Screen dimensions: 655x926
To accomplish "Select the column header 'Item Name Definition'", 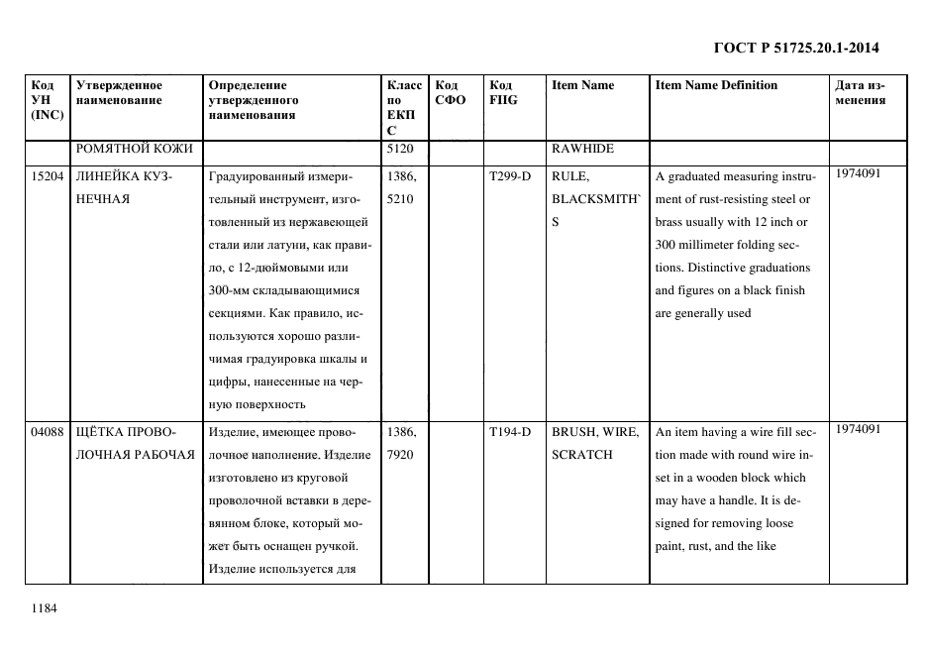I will (716, 85).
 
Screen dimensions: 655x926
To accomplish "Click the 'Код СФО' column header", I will (451, 92).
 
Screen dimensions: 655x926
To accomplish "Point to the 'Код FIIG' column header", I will (502, 92).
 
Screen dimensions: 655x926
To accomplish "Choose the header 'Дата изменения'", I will (860, 92).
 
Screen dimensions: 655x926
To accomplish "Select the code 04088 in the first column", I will (47, 432).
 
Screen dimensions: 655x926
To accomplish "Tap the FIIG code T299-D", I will (509, 176).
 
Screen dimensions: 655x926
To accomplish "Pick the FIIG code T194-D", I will (509, 432).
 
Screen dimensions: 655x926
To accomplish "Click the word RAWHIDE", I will (582, 149).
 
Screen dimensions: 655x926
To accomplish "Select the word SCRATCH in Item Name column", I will (582, 455).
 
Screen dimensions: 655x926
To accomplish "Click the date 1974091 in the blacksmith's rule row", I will (859, 173).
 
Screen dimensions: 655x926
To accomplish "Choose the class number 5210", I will (399, 199).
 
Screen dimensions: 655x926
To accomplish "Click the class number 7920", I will (399, 455).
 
